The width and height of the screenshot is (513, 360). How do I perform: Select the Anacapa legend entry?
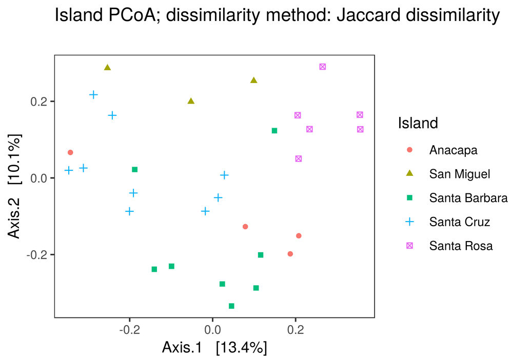453,150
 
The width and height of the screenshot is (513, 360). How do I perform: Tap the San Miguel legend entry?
459,174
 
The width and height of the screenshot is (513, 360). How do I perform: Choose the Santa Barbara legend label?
468,198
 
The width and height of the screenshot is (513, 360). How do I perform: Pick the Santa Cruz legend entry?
459,222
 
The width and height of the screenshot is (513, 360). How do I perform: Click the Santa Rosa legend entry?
461,246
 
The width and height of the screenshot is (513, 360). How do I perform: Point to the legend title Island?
418,123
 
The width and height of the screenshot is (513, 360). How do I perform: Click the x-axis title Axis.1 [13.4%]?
214,347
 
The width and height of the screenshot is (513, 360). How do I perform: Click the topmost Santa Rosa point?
323,67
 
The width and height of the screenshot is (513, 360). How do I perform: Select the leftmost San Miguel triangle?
107,67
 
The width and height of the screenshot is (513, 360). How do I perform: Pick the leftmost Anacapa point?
70,152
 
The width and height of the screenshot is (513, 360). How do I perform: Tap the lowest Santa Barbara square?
231,306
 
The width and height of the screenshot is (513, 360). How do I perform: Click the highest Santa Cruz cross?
93,95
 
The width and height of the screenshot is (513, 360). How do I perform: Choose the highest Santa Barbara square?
274,131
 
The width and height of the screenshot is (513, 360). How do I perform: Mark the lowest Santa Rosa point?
299,158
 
